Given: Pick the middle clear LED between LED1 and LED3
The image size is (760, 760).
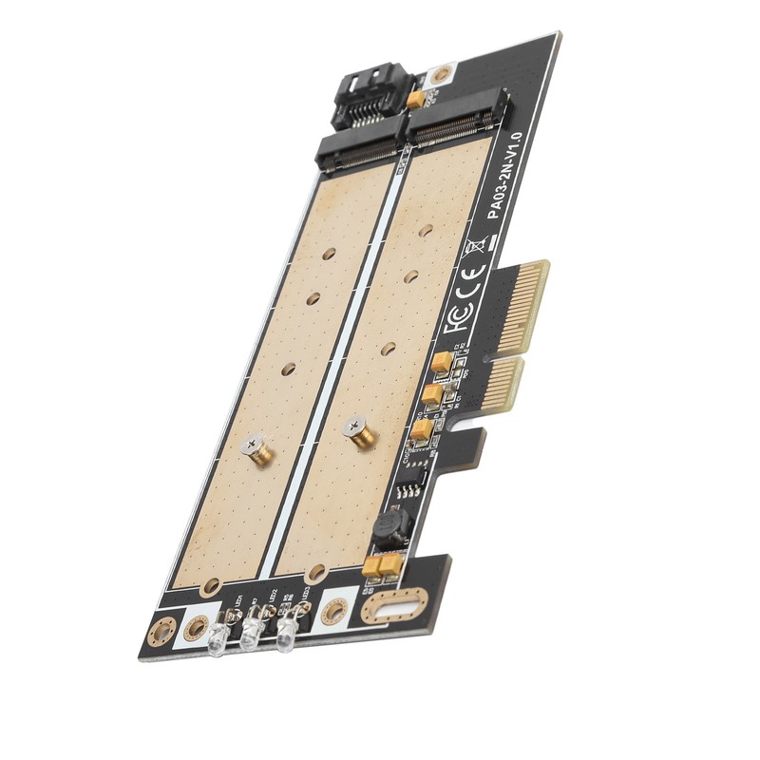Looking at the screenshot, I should (x=253, y=635).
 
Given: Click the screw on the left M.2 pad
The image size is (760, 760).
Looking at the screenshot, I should (x=256, y=448).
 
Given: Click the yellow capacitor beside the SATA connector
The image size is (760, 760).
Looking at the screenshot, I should (x=415, y=98).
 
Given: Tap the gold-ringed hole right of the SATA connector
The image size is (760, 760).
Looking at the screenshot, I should (x=440, y=77).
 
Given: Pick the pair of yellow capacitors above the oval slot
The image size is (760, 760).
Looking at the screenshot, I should (x=379, y=566).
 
